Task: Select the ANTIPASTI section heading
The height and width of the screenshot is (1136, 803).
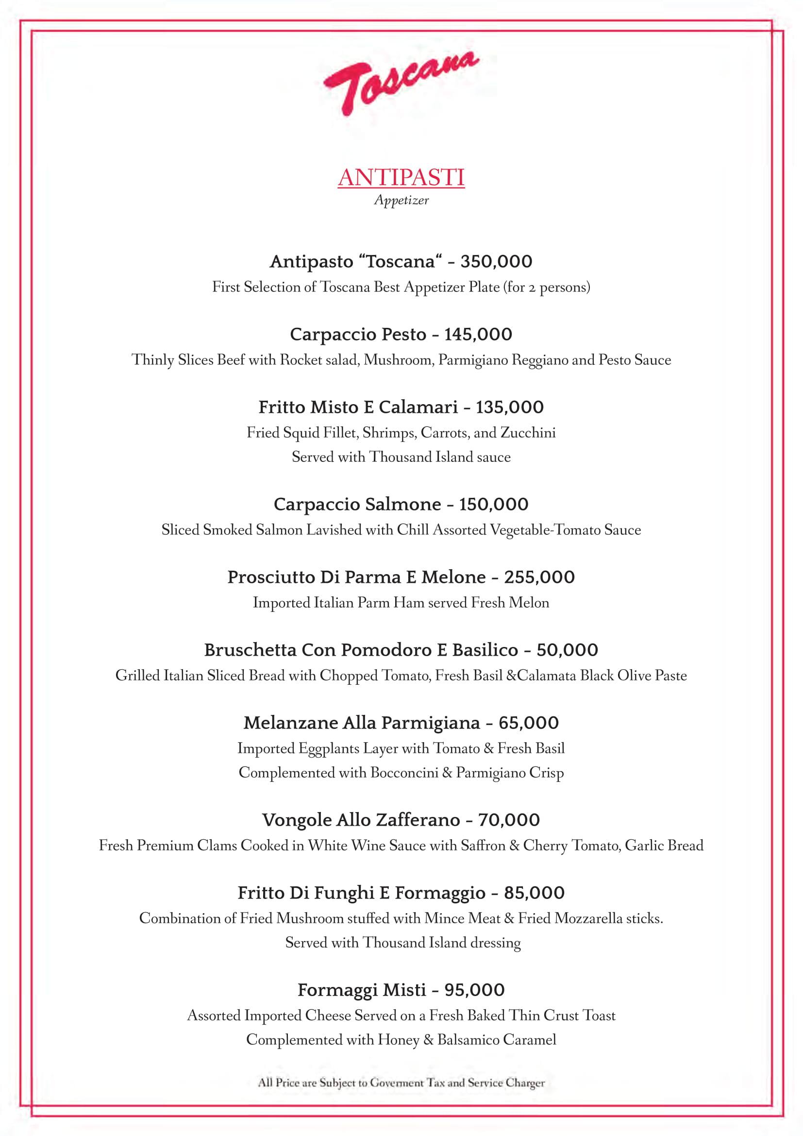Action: click(401, 178)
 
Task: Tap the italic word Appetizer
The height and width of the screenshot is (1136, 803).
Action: click(401, 201)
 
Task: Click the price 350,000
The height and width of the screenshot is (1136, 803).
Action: click(496, 261)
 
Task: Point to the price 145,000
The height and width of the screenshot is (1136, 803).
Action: click(478, 335)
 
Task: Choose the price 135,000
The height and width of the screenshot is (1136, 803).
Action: click(509, 407)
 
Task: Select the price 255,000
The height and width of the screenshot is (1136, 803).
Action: click(539, 577)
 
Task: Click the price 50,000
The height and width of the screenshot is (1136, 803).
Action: click(567, 650)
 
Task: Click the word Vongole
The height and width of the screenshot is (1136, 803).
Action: click(297, 820)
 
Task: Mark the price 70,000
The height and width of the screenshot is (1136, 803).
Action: click(509, 820)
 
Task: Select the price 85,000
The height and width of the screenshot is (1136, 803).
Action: click(534, 893)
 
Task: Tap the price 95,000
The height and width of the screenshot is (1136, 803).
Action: click(474, 990)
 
